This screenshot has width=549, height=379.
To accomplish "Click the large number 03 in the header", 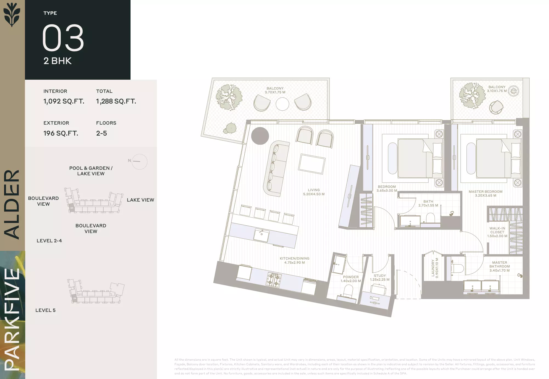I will point(63,38).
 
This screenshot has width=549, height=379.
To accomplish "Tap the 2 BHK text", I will point(58,61).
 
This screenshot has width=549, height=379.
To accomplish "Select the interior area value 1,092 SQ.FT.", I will point(64,101).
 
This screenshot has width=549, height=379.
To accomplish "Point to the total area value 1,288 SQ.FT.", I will point(116,101).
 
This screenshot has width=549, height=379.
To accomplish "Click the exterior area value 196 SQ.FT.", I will point(61,133).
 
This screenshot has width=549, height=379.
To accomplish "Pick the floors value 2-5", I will point(101,133).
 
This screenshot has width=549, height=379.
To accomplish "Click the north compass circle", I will point(139,162).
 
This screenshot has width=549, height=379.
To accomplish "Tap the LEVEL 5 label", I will point(46,310).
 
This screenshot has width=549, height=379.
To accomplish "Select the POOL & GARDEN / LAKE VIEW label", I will point(91,171).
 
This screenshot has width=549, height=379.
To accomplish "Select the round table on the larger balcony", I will point(282,104).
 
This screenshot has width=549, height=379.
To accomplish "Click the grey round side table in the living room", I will point(260,136).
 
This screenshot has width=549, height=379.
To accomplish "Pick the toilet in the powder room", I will point(348,291).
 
